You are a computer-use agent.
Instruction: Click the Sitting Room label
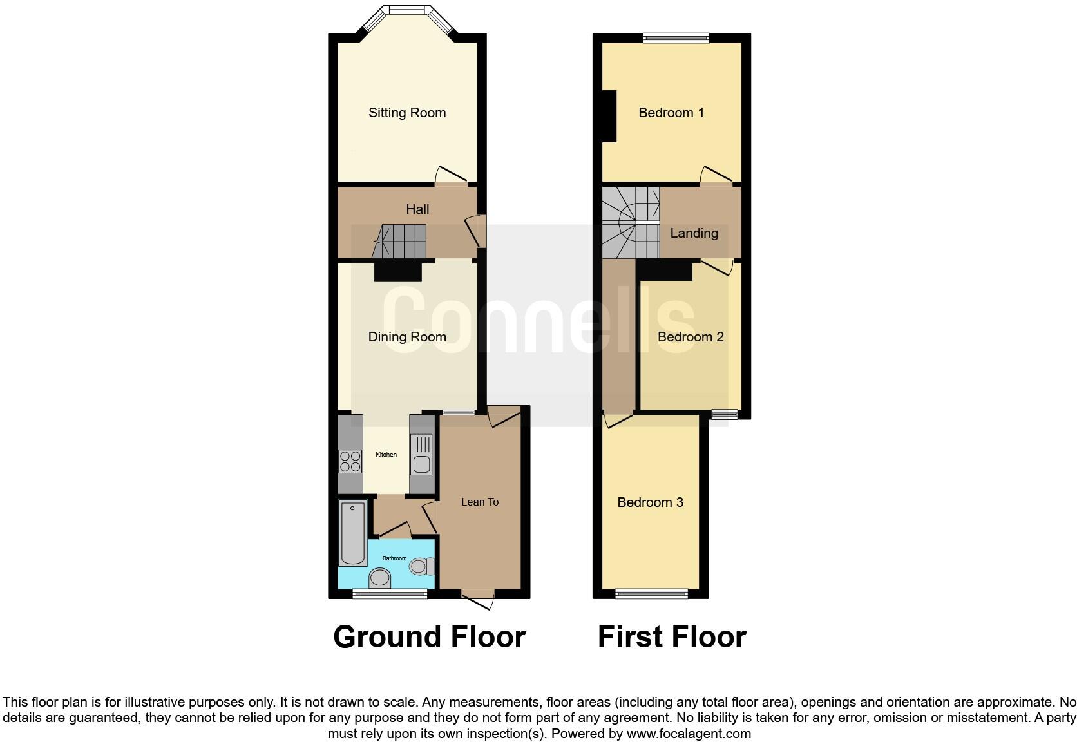tap(407, 113)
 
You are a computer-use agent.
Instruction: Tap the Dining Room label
tap(407, 337)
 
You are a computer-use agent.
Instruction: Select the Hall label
tap(417, 209)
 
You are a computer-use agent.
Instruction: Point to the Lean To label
tap(480, 502)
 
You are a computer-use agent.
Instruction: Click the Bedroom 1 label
tap(671, 113)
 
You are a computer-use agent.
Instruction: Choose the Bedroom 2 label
tap(691, 337)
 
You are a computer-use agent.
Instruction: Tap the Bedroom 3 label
tap(651, 502)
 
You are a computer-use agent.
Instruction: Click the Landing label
tap(694, 233)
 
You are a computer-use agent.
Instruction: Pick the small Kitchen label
tap(386, 455)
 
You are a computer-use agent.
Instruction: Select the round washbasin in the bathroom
tap(380, 577)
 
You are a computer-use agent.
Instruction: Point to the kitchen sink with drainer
tap(421, 455)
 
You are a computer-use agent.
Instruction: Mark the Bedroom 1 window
tap(676, 38)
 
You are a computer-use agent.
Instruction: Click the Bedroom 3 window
tap(651, 593)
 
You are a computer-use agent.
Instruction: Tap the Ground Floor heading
tap(430, 637)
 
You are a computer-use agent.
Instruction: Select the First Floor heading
tap(672, 637)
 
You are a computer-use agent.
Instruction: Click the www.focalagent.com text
tap(689, 734)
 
